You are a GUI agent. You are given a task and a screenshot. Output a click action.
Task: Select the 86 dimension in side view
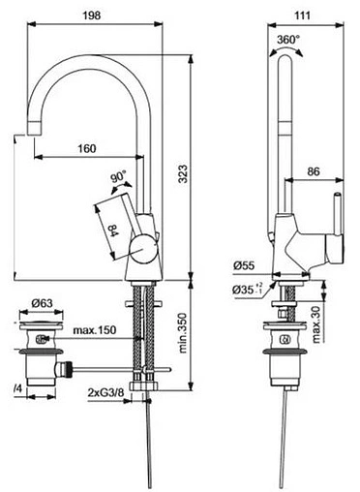[x=314, y=171]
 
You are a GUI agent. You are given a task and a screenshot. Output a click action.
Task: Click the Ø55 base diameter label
[x=243, y=264]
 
